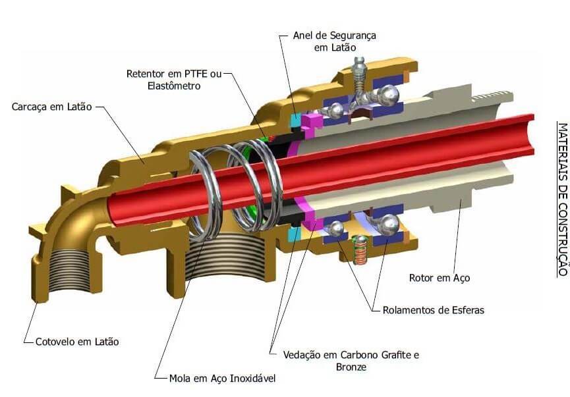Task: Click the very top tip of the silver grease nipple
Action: click(x=359, y=58)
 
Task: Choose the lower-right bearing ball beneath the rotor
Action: click(x=389, y=224)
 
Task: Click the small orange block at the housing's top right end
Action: click(x=406, y=77)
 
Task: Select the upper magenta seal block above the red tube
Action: click(x=310, y=122)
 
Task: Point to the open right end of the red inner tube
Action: click(x=529, y=136)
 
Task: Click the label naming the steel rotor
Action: click(x=440, y=278)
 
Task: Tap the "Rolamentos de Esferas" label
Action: click(x=434, y=310)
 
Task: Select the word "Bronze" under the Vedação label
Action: click(x=351, y=367)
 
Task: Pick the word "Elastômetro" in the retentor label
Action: click(x=174, y=86)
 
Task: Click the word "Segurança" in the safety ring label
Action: click(x=353, y=36)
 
